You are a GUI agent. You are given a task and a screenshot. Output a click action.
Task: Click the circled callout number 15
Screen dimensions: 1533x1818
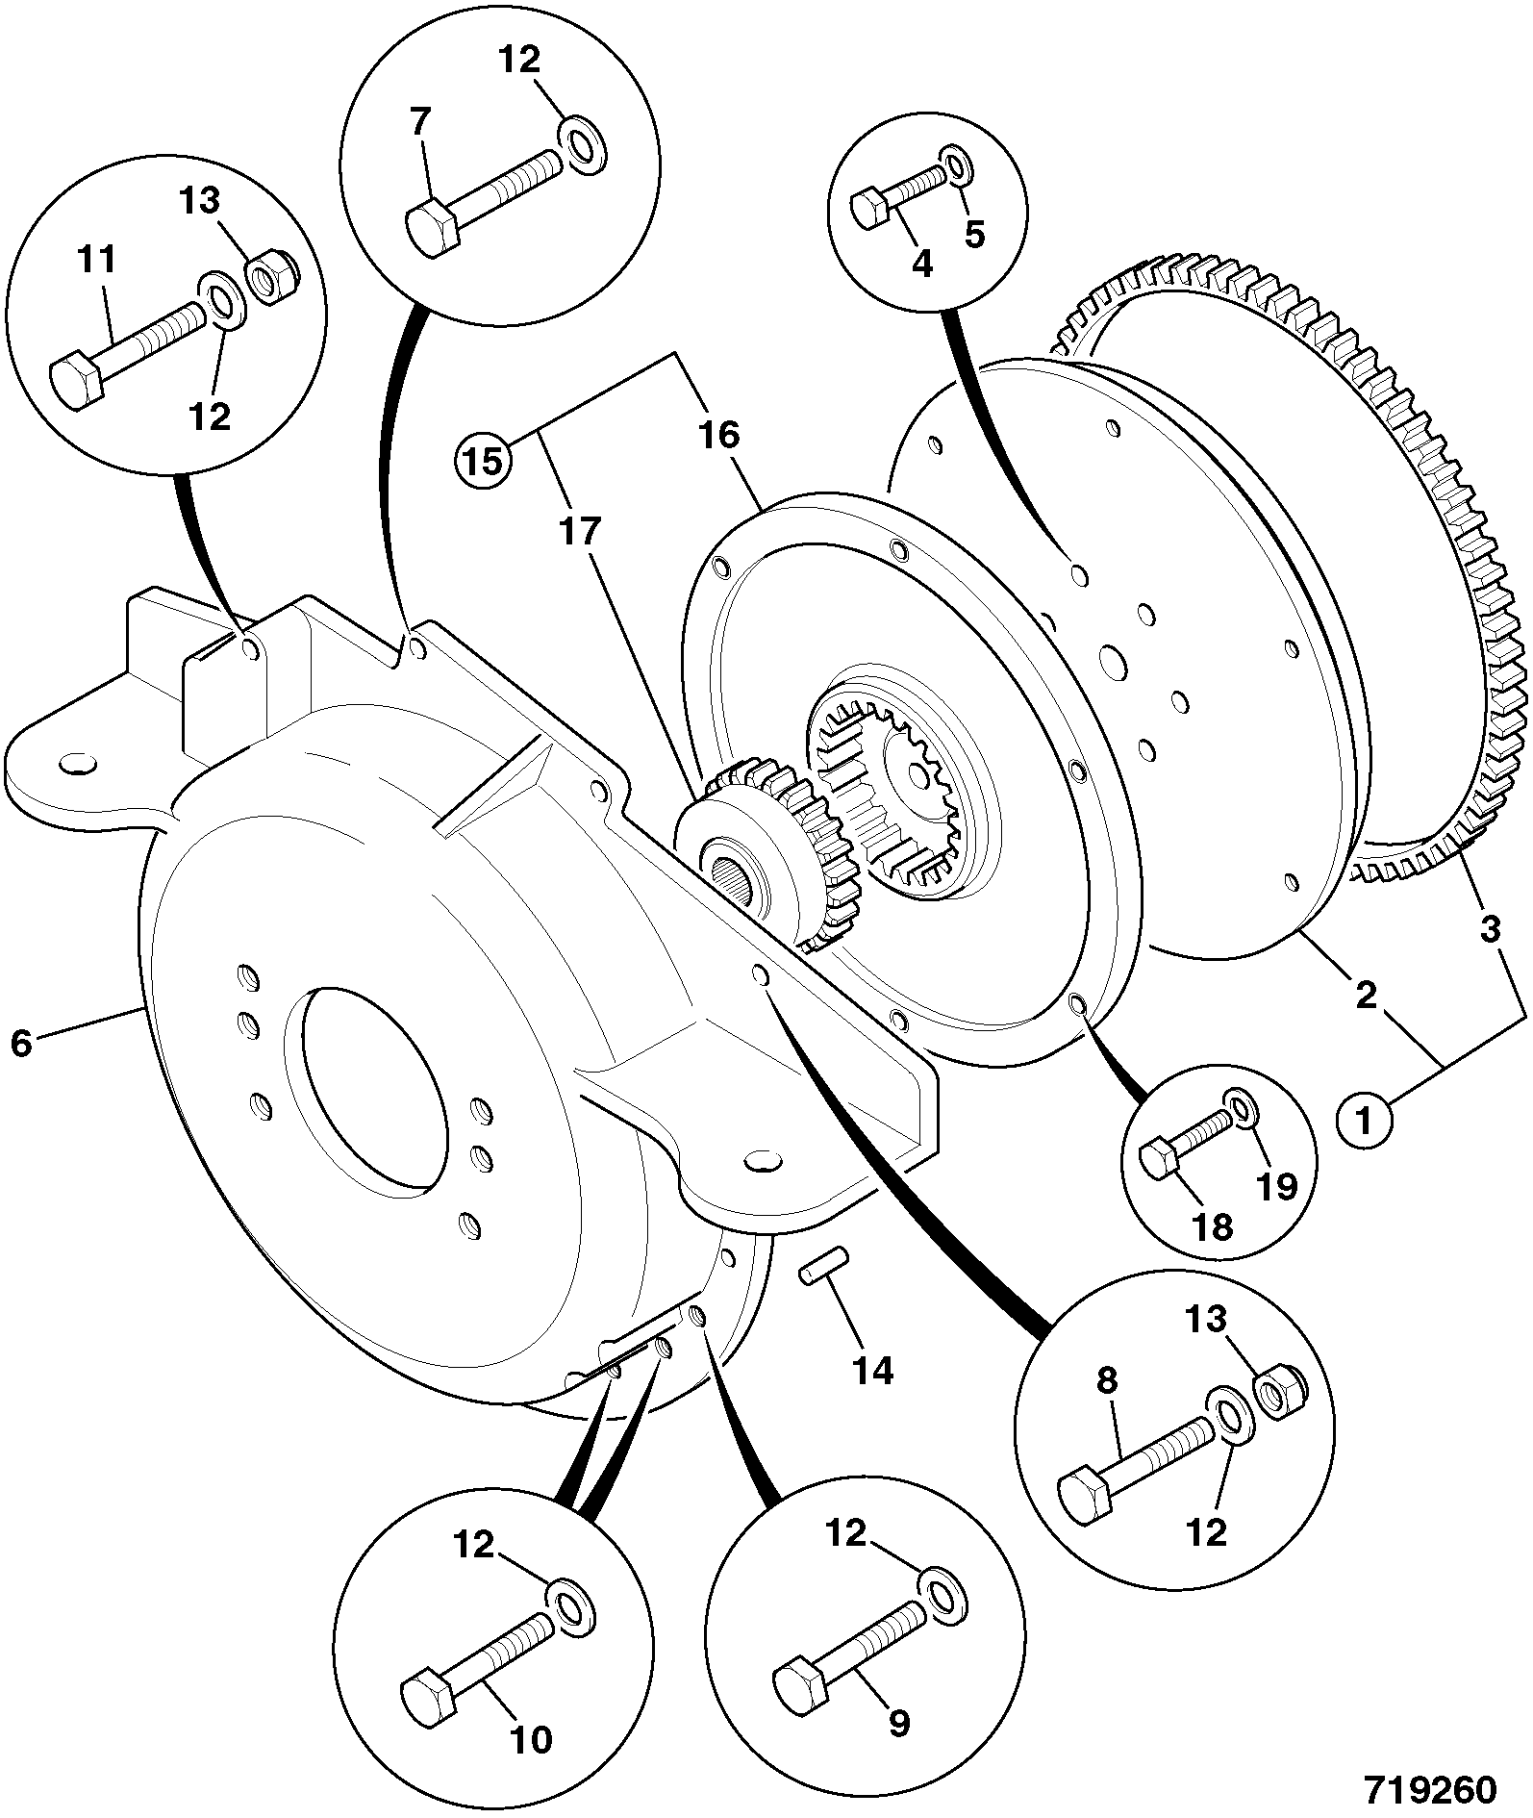click(x=485, y=460)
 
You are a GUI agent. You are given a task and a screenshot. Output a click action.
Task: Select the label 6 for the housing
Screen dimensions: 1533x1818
click(x=21, y=1043)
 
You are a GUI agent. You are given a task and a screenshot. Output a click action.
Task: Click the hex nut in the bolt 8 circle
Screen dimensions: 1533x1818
click(x=1279, y=1392)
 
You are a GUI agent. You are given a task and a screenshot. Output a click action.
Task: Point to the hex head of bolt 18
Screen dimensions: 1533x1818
click(x=1160, y=1160)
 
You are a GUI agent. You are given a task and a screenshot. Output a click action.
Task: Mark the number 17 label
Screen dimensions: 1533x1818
click(x=581, y=530)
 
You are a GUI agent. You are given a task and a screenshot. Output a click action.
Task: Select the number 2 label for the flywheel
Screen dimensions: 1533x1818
click(x=1366, y=995)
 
